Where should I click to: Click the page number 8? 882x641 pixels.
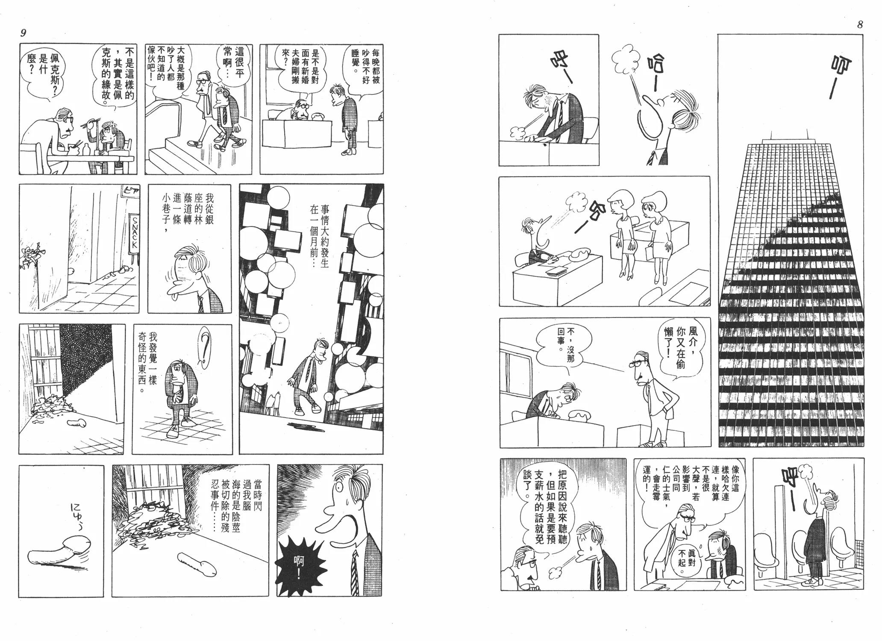coord(860,25)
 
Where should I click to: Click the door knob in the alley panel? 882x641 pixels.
coord(71,271)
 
